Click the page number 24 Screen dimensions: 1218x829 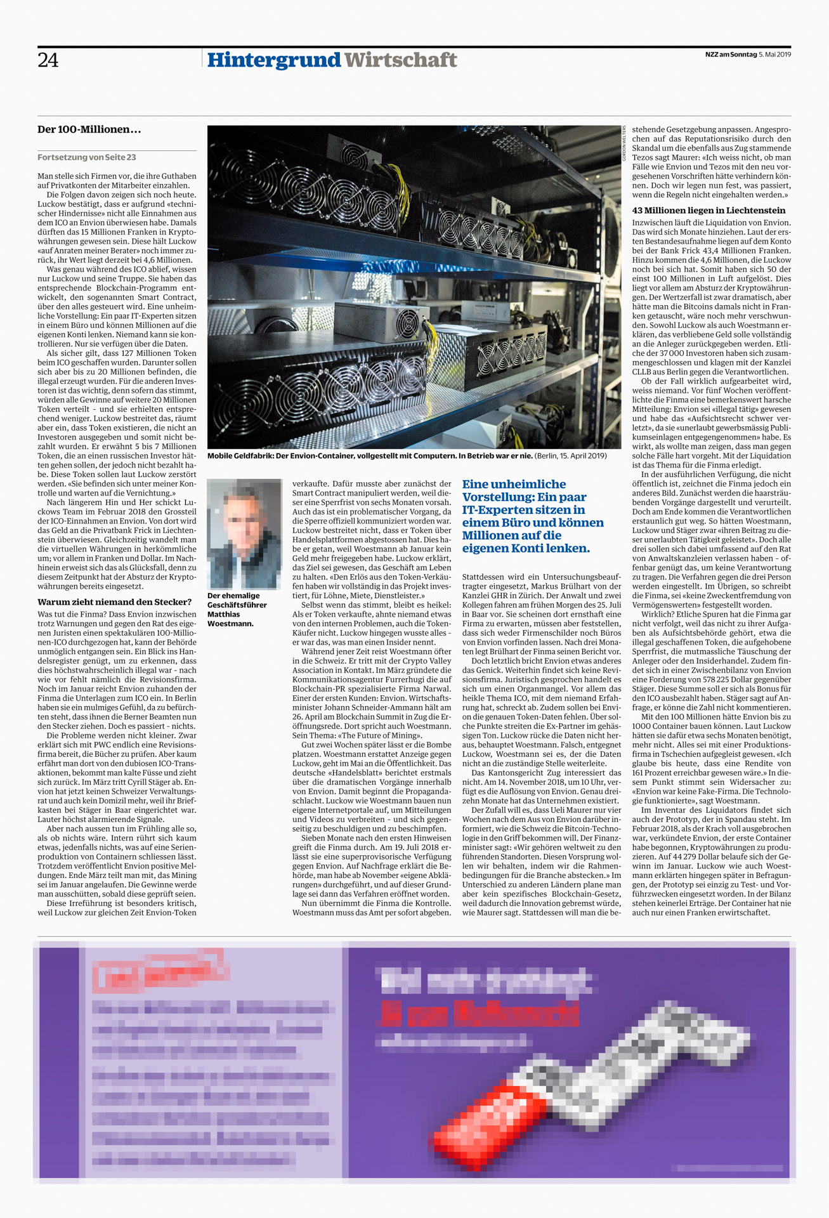[x=48, y=60]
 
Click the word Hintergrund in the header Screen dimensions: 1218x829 [x=274, y=60]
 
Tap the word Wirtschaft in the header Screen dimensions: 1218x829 [x=400, y=60]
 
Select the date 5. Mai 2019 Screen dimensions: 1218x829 [x=775, y=55]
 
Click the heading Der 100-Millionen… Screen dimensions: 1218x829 [x=89, y=129]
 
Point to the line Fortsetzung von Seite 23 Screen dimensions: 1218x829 [x=86, y=157]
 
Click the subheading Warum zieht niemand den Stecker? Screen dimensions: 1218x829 [x=114, y=602]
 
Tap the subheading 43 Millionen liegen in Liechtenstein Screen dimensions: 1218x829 [x=708, y=211]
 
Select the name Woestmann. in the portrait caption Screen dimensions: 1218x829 [x=230, y=624]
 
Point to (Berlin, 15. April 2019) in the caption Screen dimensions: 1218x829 [x=571, y=456]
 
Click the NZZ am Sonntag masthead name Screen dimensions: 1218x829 [x=731, y=55]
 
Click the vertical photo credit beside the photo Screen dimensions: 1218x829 [x=624, y=143]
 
